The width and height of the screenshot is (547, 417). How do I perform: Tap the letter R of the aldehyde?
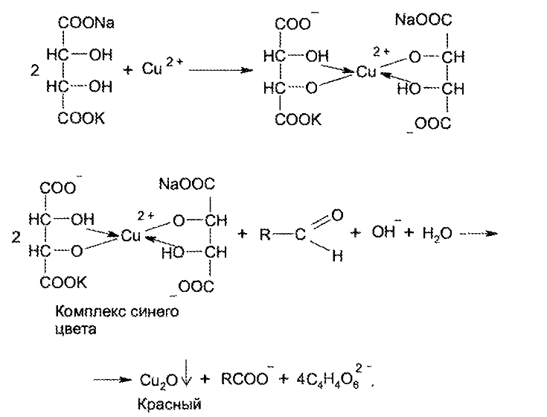coord(264,235)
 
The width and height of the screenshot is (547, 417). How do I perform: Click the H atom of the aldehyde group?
coord(337,257)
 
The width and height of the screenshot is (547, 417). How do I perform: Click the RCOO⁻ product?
coord(246,379)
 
